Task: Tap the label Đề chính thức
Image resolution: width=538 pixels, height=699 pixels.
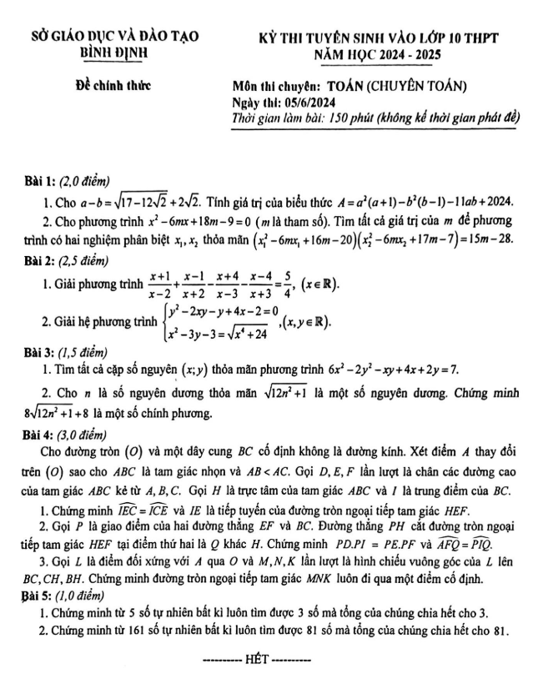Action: coord(98,86)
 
